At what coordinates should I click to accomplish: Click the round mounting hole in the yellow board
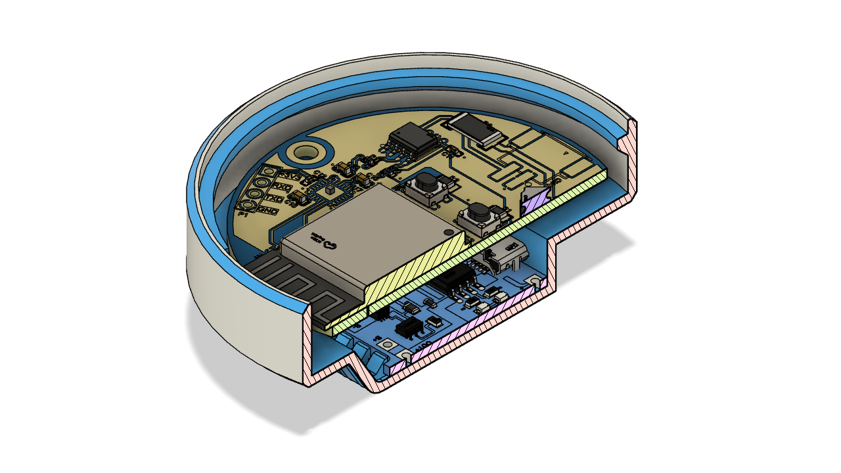[x=305, y=152]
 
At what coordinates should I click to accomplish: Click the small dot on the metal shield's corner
[x=447, y=232]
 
